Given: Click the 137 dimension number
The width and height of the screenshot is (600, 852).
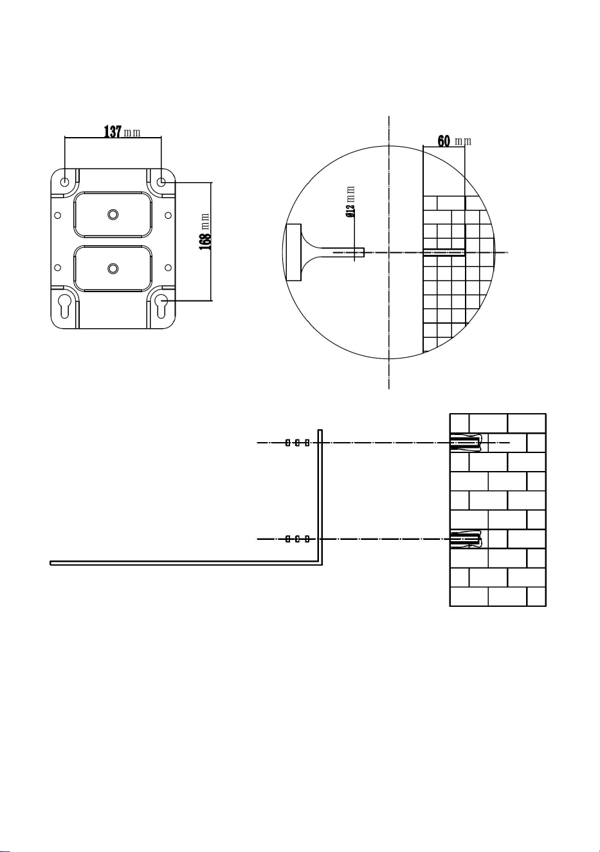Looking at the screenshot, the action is click(113, 132).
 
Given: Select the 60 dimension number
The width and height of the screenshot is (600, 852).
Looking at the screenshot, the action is click(444, 141).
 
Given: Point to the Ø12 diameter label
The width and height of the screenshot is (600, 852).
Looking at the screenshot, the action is click(350, 211).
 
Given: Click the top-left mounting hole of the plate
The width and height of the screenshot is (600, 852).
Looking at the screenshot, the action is click(65, 181).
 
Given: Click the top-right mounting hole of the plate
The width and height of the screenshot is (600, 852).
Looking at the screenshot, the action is click(161, 181).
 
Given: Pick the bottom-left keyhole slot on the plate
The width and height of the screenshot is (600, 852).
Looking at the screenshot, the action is click(65, 306).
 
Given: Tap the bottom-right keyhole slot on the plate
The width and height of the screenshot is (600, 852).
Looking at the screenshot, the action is click(161, 306).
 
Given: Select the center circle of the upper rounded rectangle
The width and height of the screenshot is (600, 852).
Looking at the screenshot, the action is click(113, 214).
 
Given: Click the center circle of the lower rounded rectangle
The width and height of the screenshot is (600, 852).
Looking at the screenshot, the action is click(113, 268).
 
